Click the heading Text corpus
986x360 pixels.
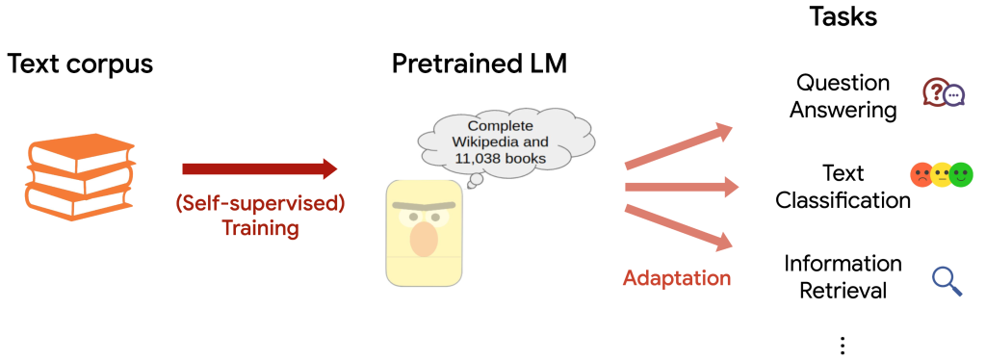click(x=81, y=65)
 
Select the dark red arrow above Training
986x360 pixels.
click(x=259, y=169)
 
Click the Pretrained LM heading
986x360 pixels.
click(x=480, y=65)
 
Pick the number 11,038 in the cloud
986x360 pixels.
click(x=479, y=158)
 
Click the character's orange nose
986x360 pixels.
click(x=425, y=239)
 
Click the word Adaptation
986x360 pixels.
click(x=677, y=278)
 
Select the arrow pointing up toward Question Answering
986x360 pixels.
click(x=682, y=143)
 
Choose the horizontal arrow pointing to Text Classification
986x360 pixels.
click(x=682, y=186)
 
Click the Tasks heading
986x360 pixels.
click(x=843, y=17)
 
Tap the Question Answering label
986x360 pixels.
click(x=843, y=96)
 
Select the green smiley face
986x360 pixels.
click(x=960, y=175)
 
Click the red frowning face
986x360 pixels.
click(x=922, y=175)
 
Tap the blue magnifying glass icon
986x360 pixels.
click(x=947, y=280)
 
